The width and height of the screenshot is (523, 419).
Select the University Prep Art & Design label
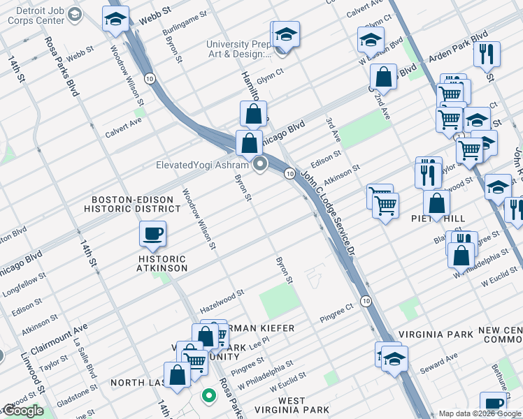coord(238,50)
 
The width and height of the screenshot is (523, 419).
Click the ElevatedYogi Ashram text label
coord(202,166)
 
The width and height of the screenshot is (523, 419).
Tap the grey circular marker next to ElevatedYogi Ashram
coord(261,166)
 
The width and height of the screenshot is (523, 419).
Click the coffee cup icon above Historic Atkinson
coord(152,234)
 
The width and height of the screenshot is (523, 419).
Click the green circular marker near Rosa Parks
coord(208,397)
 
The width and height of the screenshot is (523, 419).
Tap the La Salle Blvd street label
coord(87,359)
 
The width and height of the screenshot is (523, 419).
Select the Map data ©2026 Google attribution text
coord(480,413)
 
